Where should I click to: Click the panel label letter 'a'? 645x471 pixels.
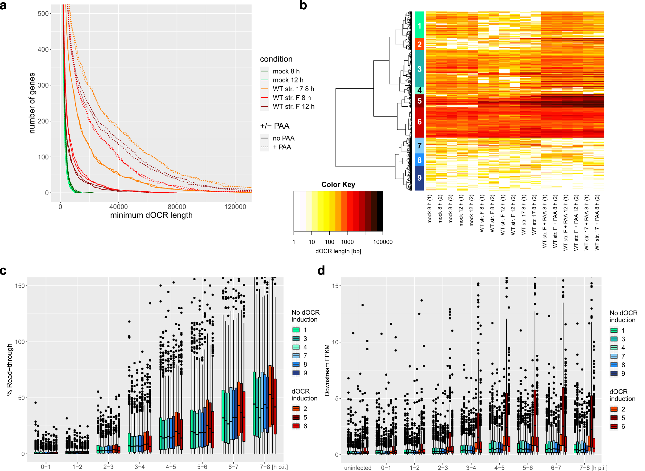[x=3, y=5]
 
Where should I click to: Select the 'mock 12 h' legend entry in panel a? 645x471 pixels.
[x=288, y=80]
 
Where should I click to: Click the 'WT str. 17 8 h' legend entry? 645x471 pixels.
[x=293, y=89]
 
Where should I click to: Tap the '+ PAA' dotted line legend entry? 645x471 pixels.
[x=282, y=147]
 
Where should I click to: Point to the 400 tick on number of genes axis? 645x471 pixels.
[x=44, y=49]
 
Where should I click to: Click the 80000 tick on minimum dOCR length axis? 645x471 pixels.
[x=176, y=207]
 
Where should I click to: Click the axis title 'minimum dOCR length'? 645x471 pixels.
[x=151, y=215]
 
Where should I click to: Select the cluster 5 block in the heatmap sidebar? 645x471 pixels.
[x=419, y=101]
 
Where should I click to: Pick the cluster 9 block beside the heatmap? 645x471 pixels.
[x=419, y=178]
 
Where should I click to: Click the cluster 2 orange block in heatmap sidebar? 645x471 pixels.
[x=419, y=44]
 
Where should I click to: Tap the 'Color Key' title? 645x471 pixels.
[x=338, y=185]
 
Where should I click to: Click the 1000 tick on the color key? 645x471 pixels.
[x=347, y=242]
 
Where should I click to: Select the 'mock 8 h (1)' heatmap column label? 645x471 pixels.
[x=430, y=209]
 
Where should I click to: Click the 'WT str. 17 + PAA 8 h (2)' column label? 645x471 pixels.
[x=597, y=222]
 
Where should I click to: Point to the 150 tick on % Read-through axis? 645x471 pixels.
[x=20, y=286]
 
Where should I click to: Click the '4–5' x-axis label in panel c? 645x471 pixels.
[x=171, y=467]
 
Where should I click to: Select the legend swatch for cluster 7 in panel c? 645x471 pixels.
[x=296, y=356]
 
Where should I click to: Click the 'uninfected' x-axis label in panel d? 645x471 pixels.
[x=358, y=468]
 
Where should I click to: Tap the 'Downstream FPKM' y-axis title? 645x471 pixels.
[x=327, y=370]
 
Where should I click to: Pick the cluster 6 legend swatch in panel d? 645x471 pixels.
[x=614, y=426]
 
